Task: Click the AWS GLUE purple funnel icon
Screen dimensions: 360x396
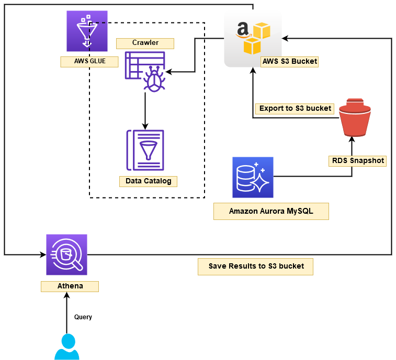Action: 87,31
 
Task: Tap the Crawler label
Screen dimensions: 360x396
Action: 145,43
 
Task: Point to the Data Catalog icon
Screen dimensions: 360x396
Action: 145,150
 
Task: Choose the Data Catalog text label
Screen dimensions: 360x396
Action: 148,181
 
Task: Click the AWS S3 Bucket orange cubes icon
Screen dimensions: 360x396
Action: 253,38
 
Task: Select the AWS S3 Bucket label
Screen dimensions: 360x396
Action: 289,61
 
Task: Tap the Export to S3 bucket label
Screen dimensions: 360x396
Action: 295,109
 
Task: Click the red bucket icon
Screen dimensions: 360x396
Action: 355,117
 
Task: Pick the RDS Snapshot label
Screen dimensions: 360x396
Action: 358,161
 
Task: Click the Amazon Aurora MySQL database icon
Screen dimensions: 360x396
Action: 253,177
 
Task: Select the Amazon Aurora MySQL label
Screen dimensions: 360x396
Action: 271,212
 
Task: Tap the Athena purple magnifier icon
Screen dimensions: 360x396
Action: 66,254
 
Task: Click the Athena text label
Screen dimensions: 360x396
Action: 70,286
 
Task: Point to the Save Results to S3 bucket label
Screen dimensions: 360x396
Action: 256,266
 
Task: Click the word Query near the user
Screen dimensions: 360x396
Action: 83,317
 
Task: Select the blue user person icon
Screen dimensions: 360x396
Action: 67,347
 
